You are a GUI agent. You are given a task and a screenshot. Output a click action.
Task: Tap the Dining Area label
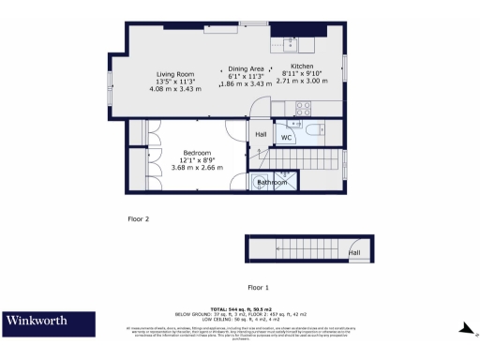(245, 68)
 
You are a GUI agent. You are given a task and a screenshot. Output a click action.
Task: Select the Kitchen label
(302, 67)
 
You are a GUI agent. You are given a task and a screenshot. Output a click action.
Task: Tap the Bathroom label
(272, 182)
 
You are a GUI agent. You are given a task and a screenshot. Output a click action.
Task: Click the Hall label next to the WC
(261, 133)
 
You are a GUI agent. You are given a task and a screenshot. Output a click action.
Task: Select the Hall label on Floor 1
(354, 252)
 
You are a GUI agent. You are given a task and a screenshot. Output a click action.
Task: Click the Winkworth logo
(37, 321)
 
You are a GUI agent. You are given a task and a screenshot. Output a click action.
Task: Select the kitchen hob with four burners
(304, 106)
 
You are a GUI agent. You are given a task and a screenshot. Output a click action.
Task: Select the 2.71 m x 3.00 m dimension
(302, 82)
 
